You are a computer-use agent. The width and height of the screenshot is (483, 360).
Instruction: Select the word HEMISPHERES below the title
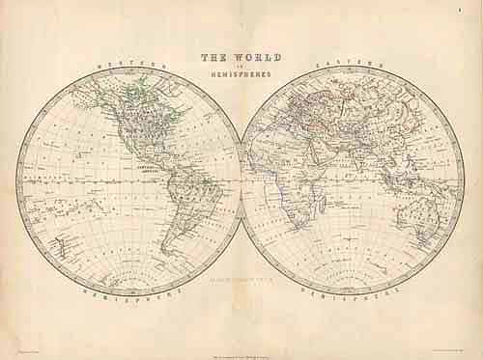tap(241, 74)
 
